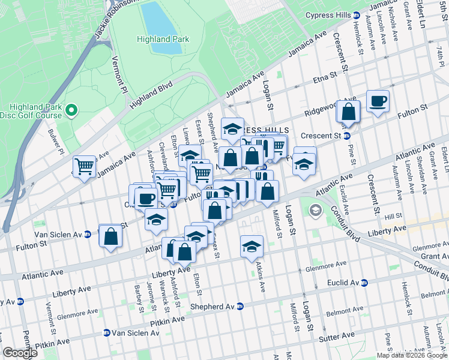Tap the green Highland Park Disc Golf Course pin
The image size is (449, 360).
pyautogui.click(x=71, y=109)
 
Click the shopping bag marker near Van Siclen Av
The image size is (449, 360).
pyautogui.click(x=111, y=236)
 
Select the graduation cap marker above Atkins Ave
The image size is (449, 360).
pyautogui.click(x=252, y=246)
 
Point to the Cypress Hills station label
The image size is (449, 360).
pyautogui.click(x=328, y=15)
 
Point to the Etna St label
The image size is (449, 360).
pyautogui.click(x=323, y=79)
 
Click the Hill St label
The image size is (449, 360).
pyautogui.click(x=393, y=215)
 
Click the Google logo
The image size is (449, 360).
pyautogui.click(x=20, y=353)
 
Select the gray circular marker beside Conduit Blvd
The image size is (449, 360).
pyautogui.click(x=315, y=211)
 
